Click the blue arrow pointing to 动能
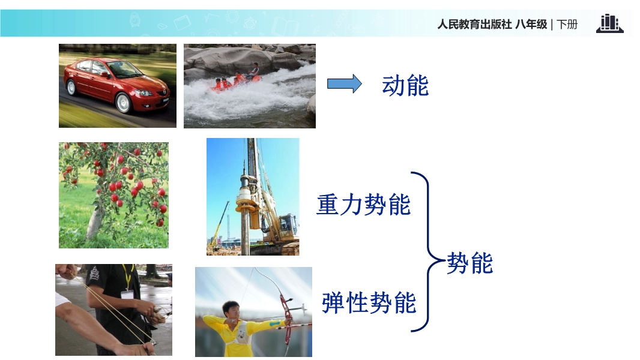coord(344,84)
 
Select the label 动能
coord(405,86)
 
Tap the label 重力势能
coord(364,205)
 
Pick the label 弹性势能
coord(369,303)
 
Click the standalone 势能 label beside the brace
coord(470,263)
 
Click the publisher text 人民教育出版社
coord(474,25)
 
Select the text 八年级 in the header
coord(531,25)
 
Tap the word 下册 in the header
coord(567,25)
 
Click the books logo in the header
coord(610,23)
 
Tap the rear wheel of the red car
coord(71,87)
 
